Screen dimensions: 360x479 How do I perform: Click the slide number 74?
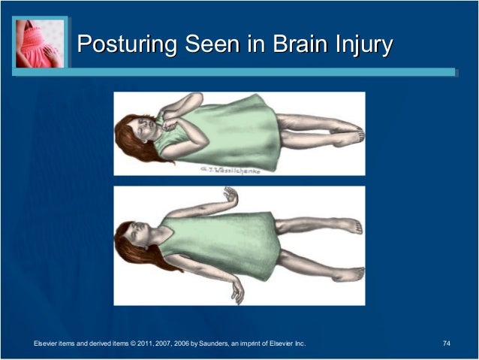(447, 343)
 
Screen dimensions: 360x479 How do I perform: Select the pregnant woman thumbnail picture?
(40, 44)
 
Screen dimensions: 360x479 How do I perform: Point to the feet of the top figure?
(352, 135)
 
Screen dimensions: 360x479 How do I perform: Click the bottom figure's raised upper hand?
(231, 198)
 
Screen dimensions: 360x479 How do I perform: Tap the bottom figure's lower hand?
(236, 289)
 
